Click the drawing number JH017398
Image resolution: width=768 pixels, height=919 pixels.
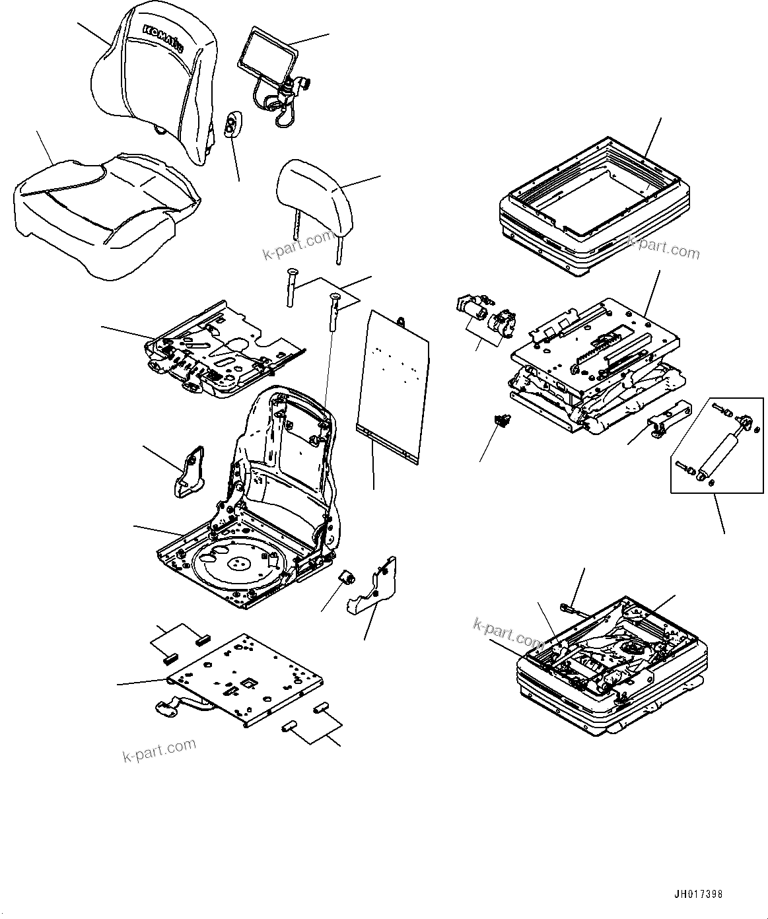click(x=698, y=895)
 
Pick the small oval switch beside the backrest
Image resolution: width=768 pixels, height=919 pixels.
click(x=231, y=125)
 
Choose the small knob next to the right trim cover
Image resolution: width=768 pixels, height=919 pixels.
click(x=347, y=578)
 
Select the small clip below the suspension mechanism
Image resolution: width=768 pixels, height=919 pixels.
click(x=503, y=420)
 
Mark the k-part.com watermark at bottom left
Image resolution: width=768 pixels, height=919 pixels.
click(x=159, y=749)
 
